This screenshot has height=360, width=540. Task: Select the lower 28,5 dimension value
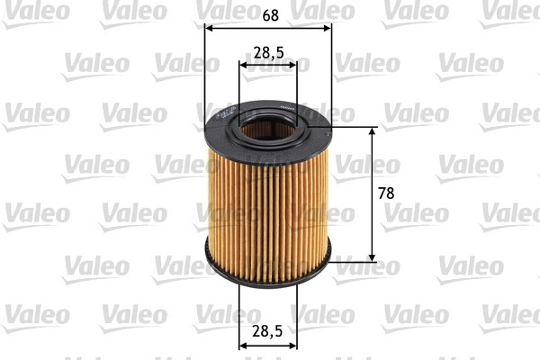click(268, 331)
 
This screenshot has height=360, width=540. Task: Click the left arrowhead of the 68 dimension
click(211, 28)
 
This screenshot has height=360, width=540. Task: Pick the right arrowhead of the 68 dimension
click(327, 28)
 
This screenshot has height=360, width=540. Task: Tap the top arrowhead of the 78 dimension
click(373, 131)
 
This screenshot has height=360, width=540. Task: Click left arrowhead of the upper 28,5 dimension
click(244, 66)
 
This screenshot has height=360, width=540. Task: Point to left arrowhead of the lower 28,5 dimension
click(244, 345)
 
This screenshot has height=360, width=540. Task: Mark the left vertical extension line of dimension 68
click(206, 72)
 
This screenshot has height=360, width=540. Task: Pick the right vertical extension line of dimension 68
click(331, 72)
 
